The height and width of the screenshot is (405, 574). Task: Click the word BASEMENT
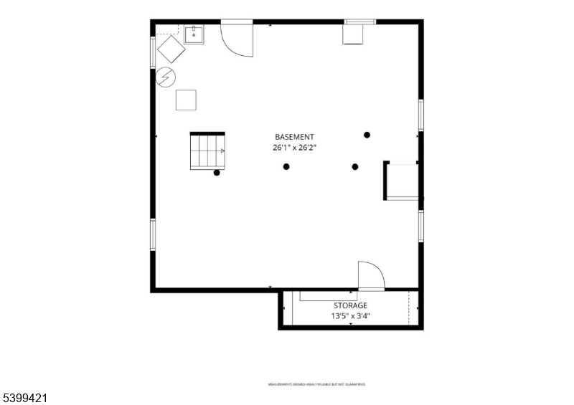[x=294, y=137]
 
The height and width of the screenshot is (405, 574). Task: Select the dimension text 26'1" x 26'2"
[x=294, y=148]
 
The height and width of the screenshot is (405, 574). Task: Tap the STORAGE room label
[x=350, y=305]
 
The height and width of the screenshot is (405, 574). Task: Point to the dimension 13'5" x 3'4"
[x=350, y=316]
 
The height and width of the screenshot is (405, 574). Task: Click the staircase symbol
[x=207, y=151]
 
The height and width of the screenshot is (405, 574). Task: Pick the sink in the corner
[x=194, y=34]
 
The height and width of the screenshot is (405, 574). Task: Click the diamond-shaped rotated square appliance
[x=171, y=49]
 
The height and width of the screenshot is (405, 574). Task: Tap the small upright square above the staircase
[x=187, y=100]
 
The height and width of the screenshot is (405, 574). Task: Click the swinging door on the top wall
[x=237, y=39]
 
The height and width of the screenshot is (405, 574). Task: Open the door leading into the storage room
[x=371, y=276]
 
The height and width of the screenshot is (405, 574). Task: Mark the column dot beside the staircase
[x=217, y=173]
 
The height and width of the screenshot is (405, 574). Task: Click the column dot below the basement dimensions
[x=286, y=167]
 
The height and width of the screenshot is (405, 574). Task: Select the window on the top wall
[x=359, y=22]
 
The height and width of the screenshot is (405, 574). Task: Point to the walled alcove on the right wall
[x=403, y=181]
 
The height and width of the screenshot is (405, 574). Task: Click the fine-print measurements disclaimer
[x=316, y=384]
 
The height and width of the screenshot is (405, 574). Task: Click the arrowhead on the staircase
[x=222, y=151]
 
